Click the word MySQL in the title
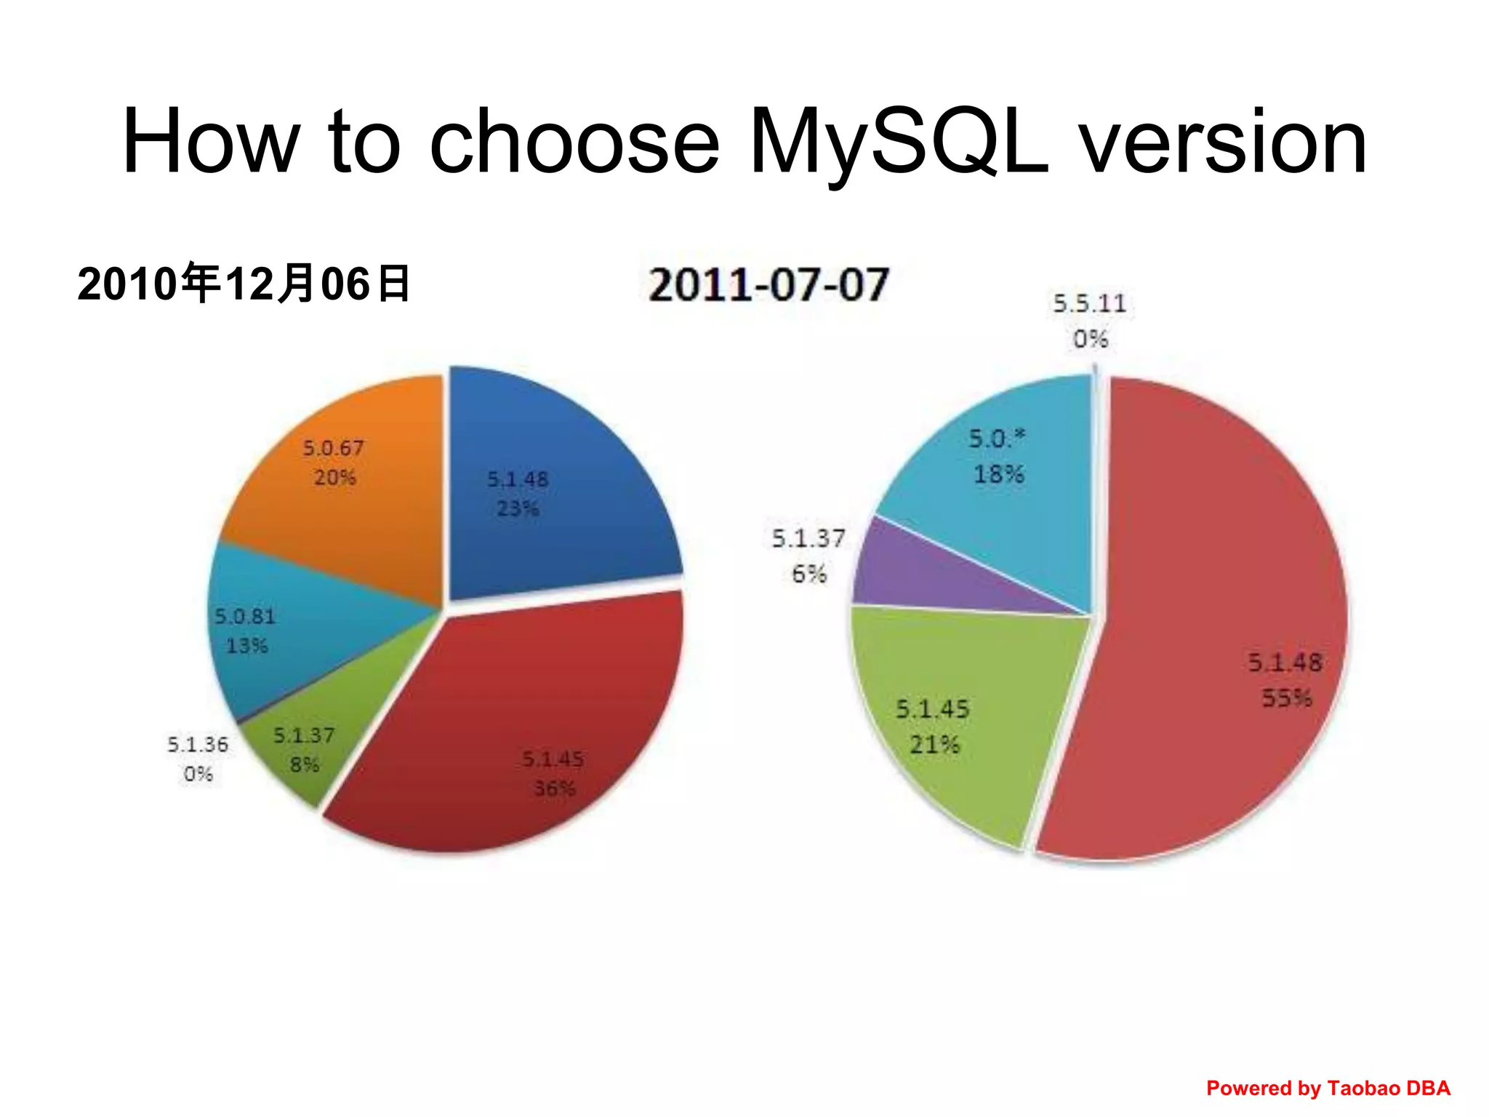tap(899, 142)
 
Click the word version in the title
tap(1221, 142)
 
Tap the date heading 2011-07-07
tap(768, 284)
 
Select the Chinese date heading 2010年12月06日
tap(244, 284)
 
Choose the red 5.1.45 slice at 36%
tap(509, 727)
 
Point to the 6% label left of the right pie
tap(808, 574)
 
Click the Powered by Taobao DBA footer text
tap(1328, 1088)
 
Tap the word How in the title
tap(211, 142)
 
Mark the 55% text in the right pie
tap(1286, 698)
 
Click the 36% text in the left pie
tap(554, 788)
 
